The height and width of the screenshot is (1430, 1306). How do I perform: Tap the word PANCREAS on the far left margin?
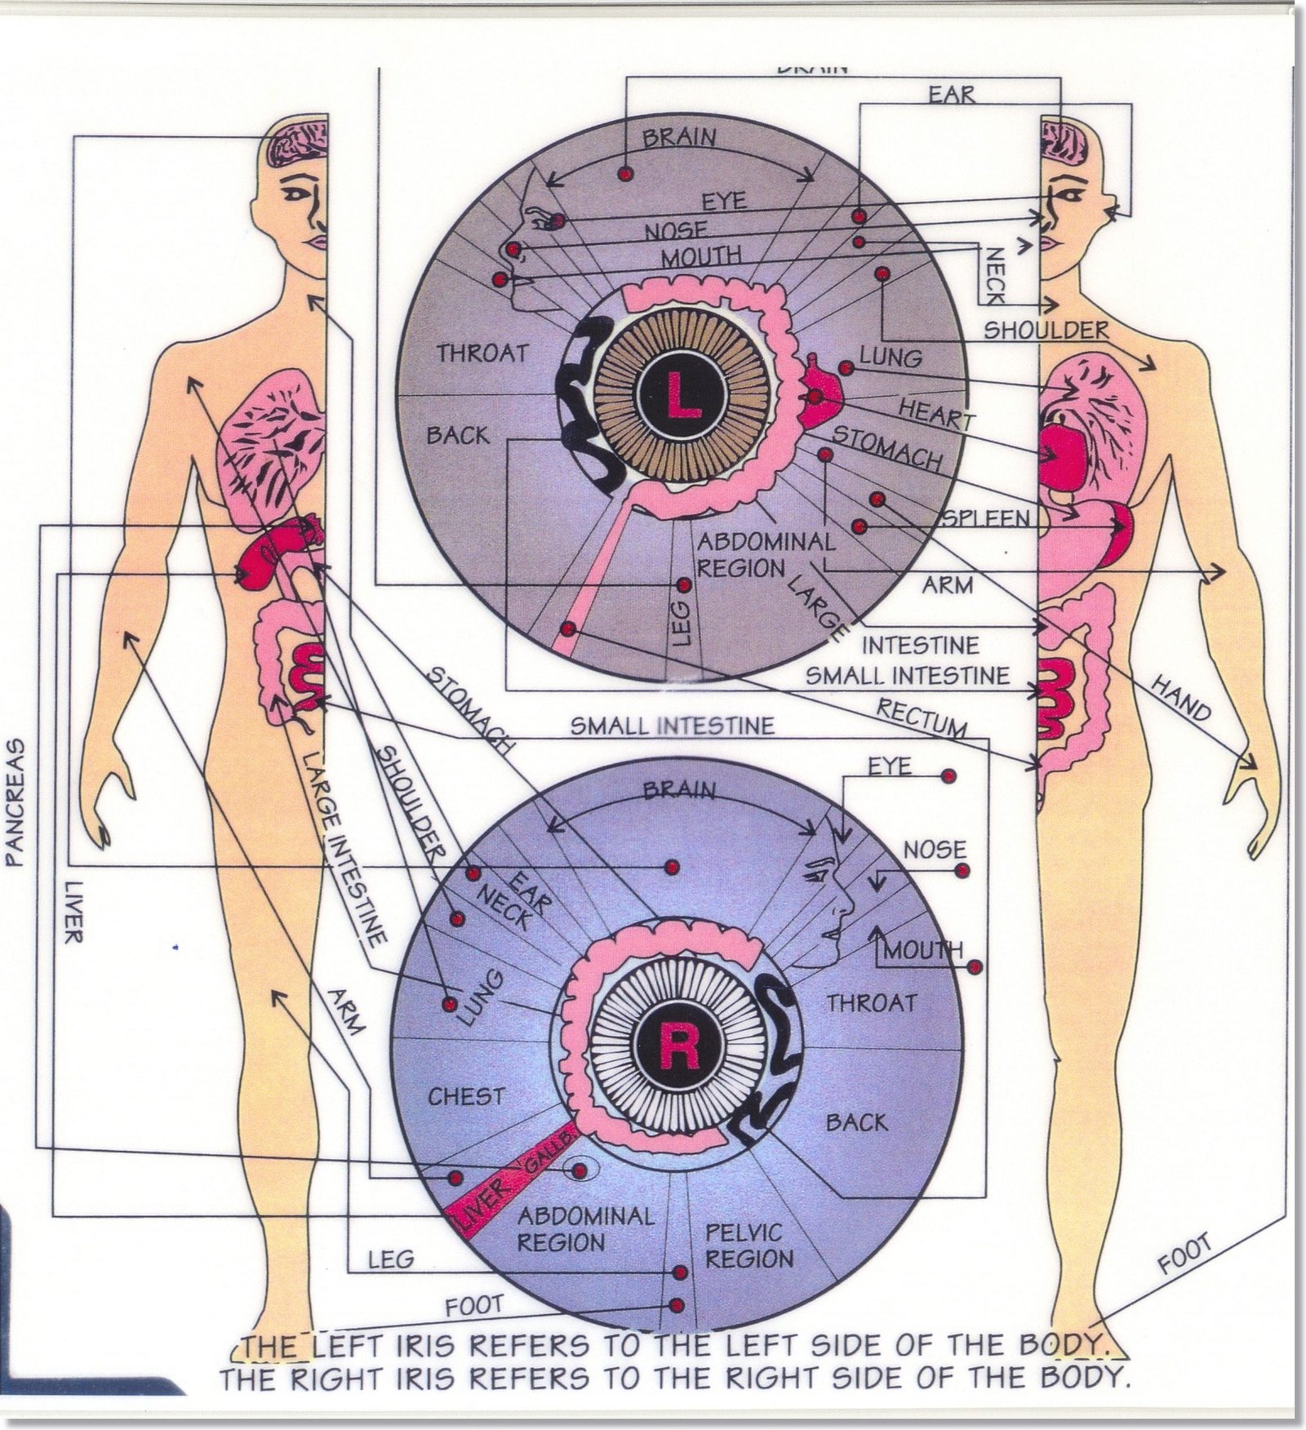tap(17, 802)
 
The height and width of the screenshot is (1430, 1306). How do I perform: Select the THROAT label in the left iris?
tap(482, 353)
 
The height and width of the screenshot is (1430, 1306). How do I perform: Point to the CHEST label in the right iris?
tap(467, 1096)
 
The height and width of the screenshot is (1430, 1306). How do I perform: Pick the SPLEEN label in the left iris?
tap(986, 519)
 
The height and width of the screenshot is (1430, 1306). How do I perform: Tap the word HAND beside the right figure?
tap(1181, 699)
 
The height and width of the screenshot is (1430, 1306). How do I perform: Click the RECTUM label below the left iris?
tap(922, 717)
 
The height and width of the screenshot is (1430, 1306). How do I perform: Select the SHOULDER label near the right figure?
tap(1046, 330)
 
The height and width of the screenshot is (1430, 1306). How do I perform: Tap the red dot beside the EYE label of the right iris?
tap(948, 775)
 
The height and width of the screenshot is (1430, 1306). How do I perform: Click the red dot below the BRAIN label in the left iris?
tap(625, 174)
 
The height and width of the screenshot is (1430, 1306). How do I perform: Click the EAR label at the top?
tap(952, 95)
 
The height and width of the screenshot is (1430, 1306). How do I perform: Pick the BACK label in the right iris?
tap(856, 1123)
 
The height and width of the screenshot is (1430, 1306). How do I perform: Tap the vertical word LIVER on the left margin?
tap(73, 911)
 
